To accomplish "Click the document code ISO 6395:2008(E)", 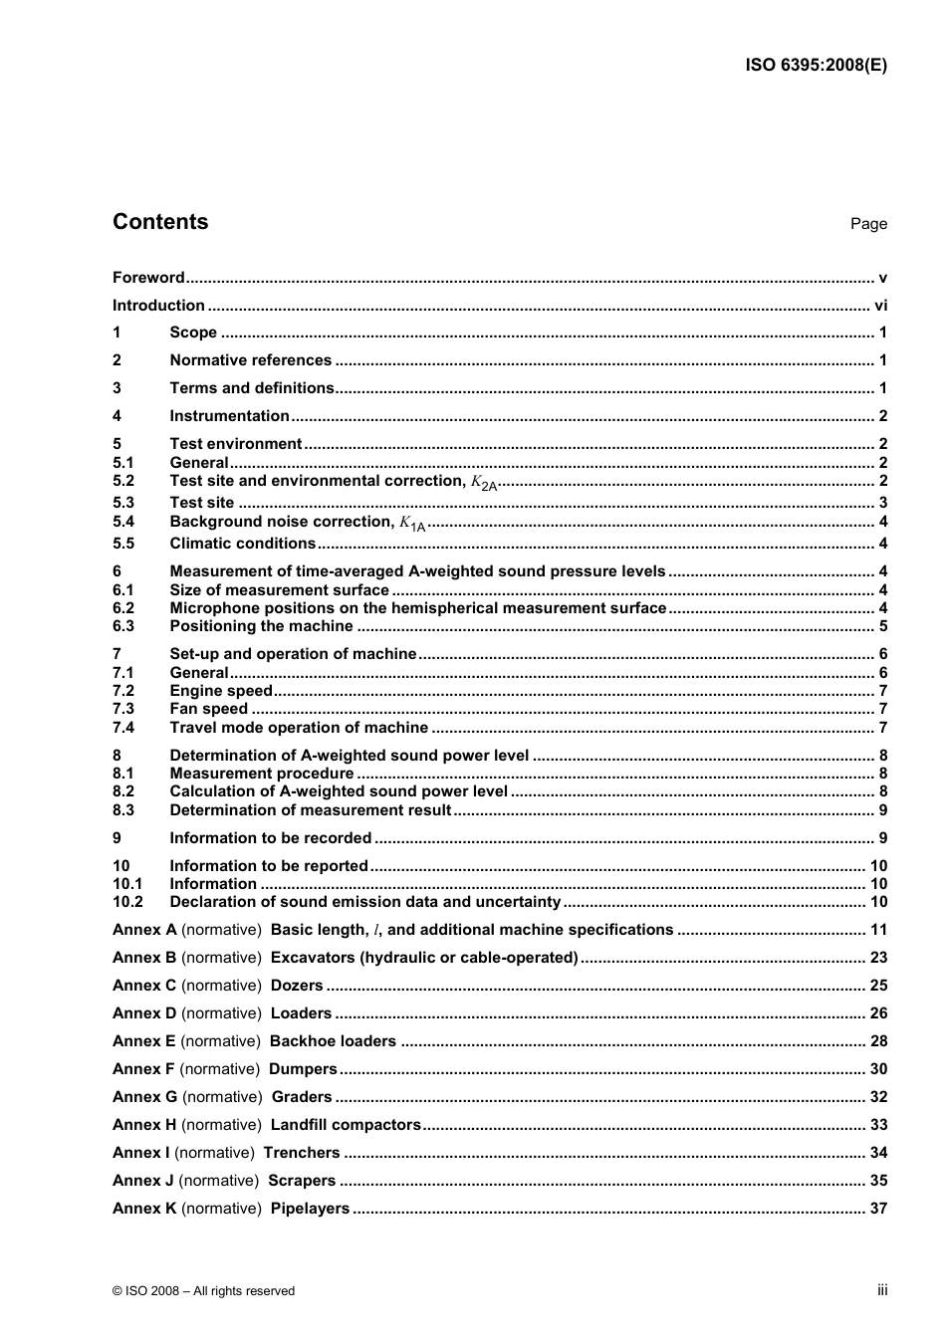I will (816, 66).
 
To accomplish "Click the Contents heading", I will (160, 222).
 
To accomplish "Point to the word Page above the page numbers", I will (868, 224).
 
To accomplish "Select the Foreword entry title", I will (148, 278).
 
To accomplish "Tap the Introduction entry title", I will (158, 306).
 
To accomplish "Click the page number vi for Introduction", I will (880, 306).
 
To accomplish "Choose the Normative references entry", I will (250, 360).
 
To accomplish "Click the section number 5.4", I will (123, 522).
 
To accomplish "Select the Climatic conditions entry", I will (242, 544).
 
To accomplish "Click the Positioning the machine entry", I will (261, 626).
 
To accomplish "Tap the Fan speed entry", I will (208, 709).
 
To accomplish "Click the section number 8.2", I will (123, 791).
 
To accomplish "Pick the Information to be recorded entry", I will (270, 838).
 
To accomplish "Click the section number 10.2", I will (127, 902).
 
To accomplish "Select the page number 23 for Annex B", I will (878, 958).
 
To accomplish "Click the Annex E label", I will (143, 1041).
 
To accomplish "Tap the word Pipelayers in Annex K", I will (310, 1209).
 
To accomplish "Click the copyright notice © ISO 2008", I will (203, 1291).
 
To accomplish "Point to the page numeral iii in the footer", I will (882, 1290).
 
